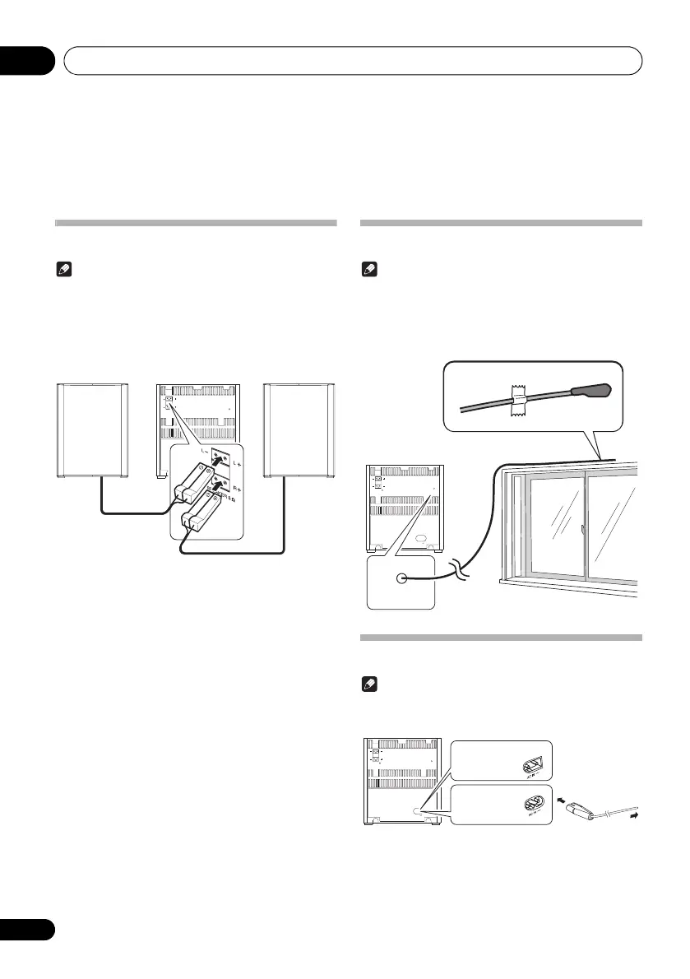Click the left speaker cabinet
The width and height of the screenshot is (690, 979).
(93, 429)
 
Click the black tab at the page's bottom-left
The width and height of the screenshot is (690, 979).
(27, 930)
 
